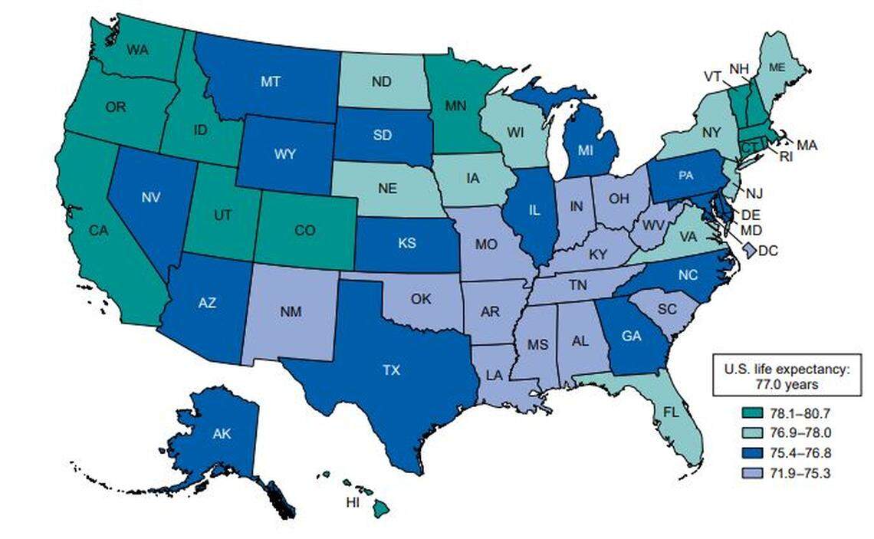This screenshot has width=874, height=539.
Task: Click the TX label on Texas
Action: [x=392, y=370]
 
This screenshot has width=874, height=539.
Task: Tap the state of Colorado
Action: [x=307, y=229]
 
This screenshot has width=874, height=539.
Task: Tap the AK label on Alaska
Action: [x=223, y=434]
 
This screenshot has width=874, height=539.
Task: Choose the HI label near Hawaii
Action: [x=353, y=502]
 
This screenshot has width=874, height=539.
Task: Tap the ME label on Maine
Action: [x=777, y=67]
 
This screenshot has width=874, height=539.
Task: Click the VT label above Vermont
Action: [x=713, y=77]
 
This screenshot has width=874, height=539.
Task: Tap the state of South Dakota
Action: [x=383, y=135]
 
